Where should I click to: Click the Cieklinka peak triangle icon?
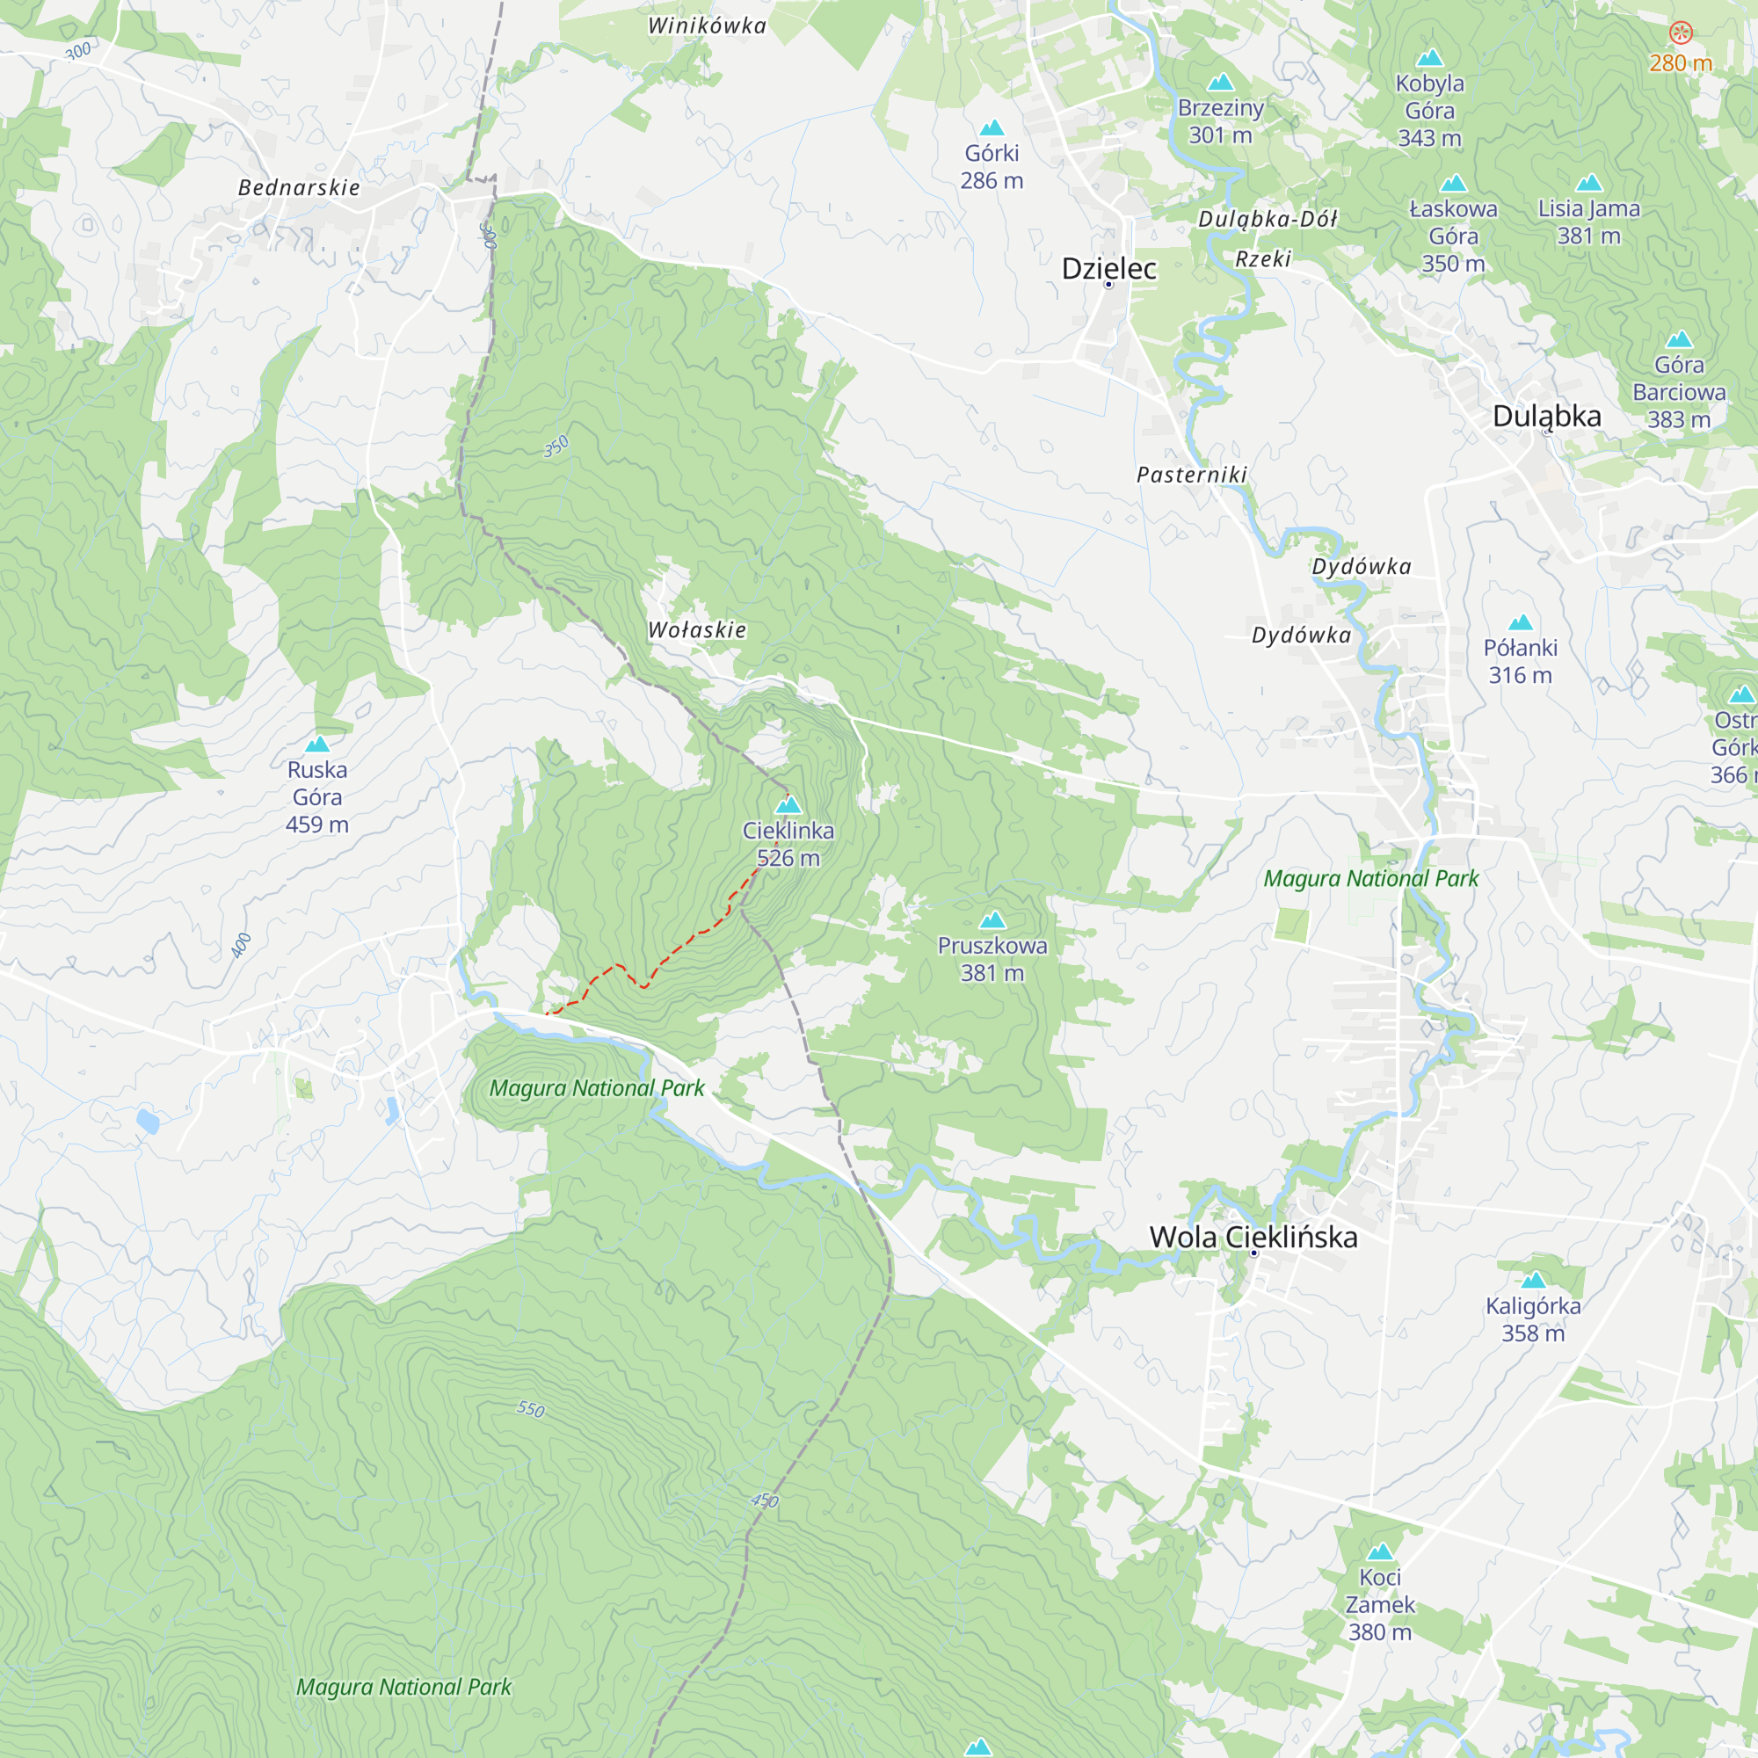[x=788, y=805]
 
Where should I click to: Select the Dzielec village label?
[x=1108, y=268]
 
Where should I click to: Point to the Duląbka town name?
[x=1547, y=416]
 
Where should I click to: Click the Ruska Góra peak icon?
[x=316, y=745]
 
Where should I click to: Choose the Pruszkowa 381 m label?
[x=992, y=959]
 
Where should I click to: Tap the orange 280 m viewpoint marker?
[x=1681, y=33]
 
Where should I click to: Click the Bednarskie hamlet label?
[x=299, y=187]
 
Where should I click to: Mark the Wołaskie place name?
[x=697, y=629]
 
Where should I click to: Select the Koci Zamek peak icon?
[x=1380, y=1551]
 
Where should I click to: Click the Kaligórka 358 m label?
[x=1533, y=1319]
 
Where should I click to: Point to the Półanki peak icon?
[x=1521, y=622]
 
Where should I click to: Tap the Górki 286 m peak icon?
[x=992, y=127]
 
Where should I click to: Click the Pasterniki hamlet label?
[x=1191, y=474]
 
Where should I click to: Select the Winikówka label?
[x=707, y=25]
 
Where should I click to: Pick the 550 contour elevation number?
[x=531, y=1410]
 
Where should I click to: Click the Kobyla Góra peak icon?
[x=1429, y=58]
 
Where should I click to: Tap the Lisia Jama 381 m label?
[x=1588, y=222]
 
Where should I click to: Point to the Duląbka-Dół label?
[x=1268, y=219]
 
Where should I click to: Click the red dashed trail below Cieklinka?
[x=673, y=951]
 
